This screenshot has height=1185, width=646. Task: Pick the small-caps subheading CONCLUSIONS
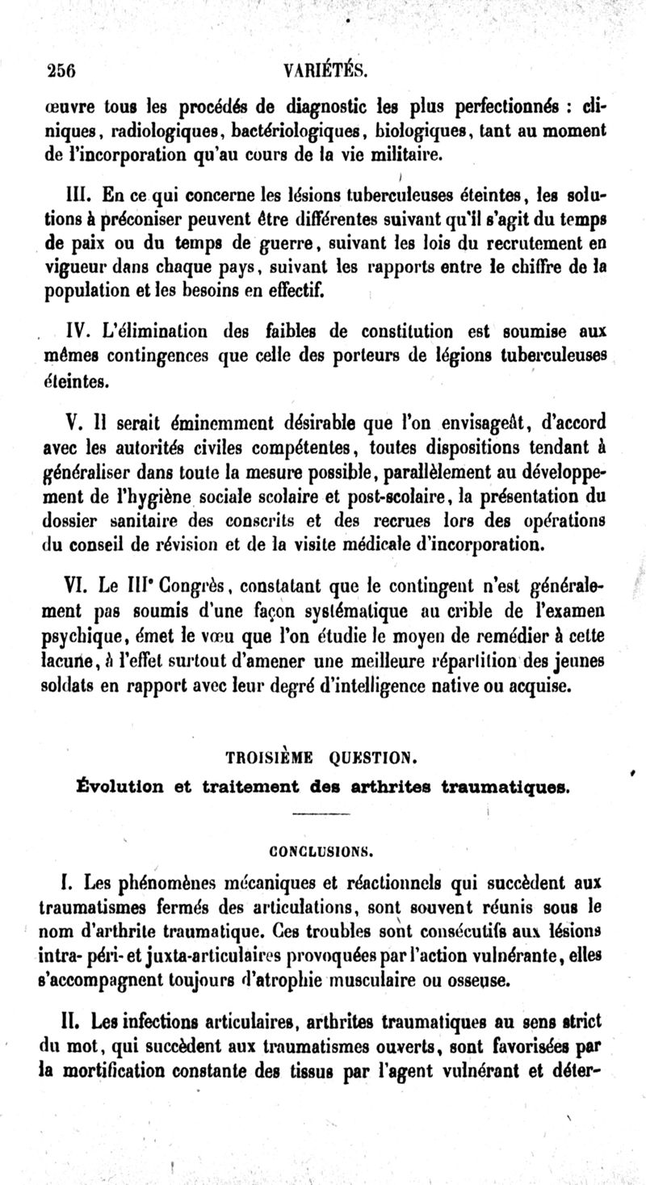(321, 849)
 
